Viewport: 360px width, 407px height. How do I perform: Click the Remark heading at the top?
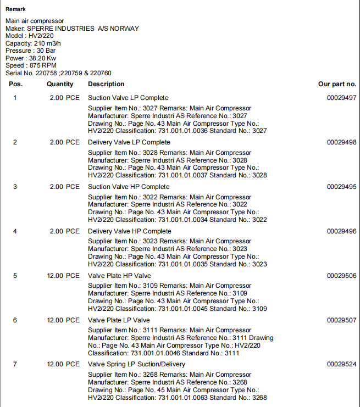[x=15, y=9]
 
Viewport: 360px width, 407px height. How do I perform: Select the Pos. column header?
[x=15, y=84]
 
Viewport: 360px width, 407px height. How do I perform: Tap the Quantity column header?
[x=60, y=84]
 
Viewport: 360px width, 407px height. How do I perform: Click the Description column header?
[x=106, y=84]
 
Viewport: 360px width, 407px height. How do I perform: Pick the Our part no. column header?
[x=337, y=84]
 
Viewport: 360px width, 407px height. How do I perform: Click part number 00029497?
[x=341, y=98]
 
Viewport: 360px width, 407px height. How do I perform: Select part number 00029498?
[x=341, y=142]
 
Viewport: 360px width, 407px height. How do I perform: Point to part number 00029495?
[x=341, y=187]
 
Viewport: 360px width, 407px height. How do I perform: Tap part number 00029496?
[x=341, y=231]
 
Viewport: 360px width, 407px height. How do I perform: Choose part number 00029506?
[x=341, y=276]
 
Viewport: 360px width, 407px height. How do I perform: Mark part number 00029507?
[x=341, y=320]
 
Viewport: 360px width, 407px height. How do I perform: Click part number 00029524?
[x=341, y=364]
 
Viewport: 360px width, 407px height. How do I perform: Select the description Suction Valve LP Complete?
[x=128, y=98]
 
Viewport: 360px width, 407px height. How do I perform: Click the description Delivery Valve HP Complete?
[x=129, y=231]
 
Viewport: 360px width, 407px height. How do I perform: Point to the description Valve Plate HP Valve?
[x=119, y=276]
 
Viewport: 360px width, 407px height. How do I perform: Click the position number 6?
[x=15, y=320]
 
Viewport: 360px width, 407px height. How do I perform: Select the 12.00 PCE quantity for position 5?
[x=63, y=276]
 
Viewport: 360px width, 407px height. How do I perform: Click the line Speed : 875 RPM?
[x=31, y=65]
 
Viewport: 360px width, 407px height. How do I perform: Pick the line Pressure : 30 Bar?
[x=30, y=51]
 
